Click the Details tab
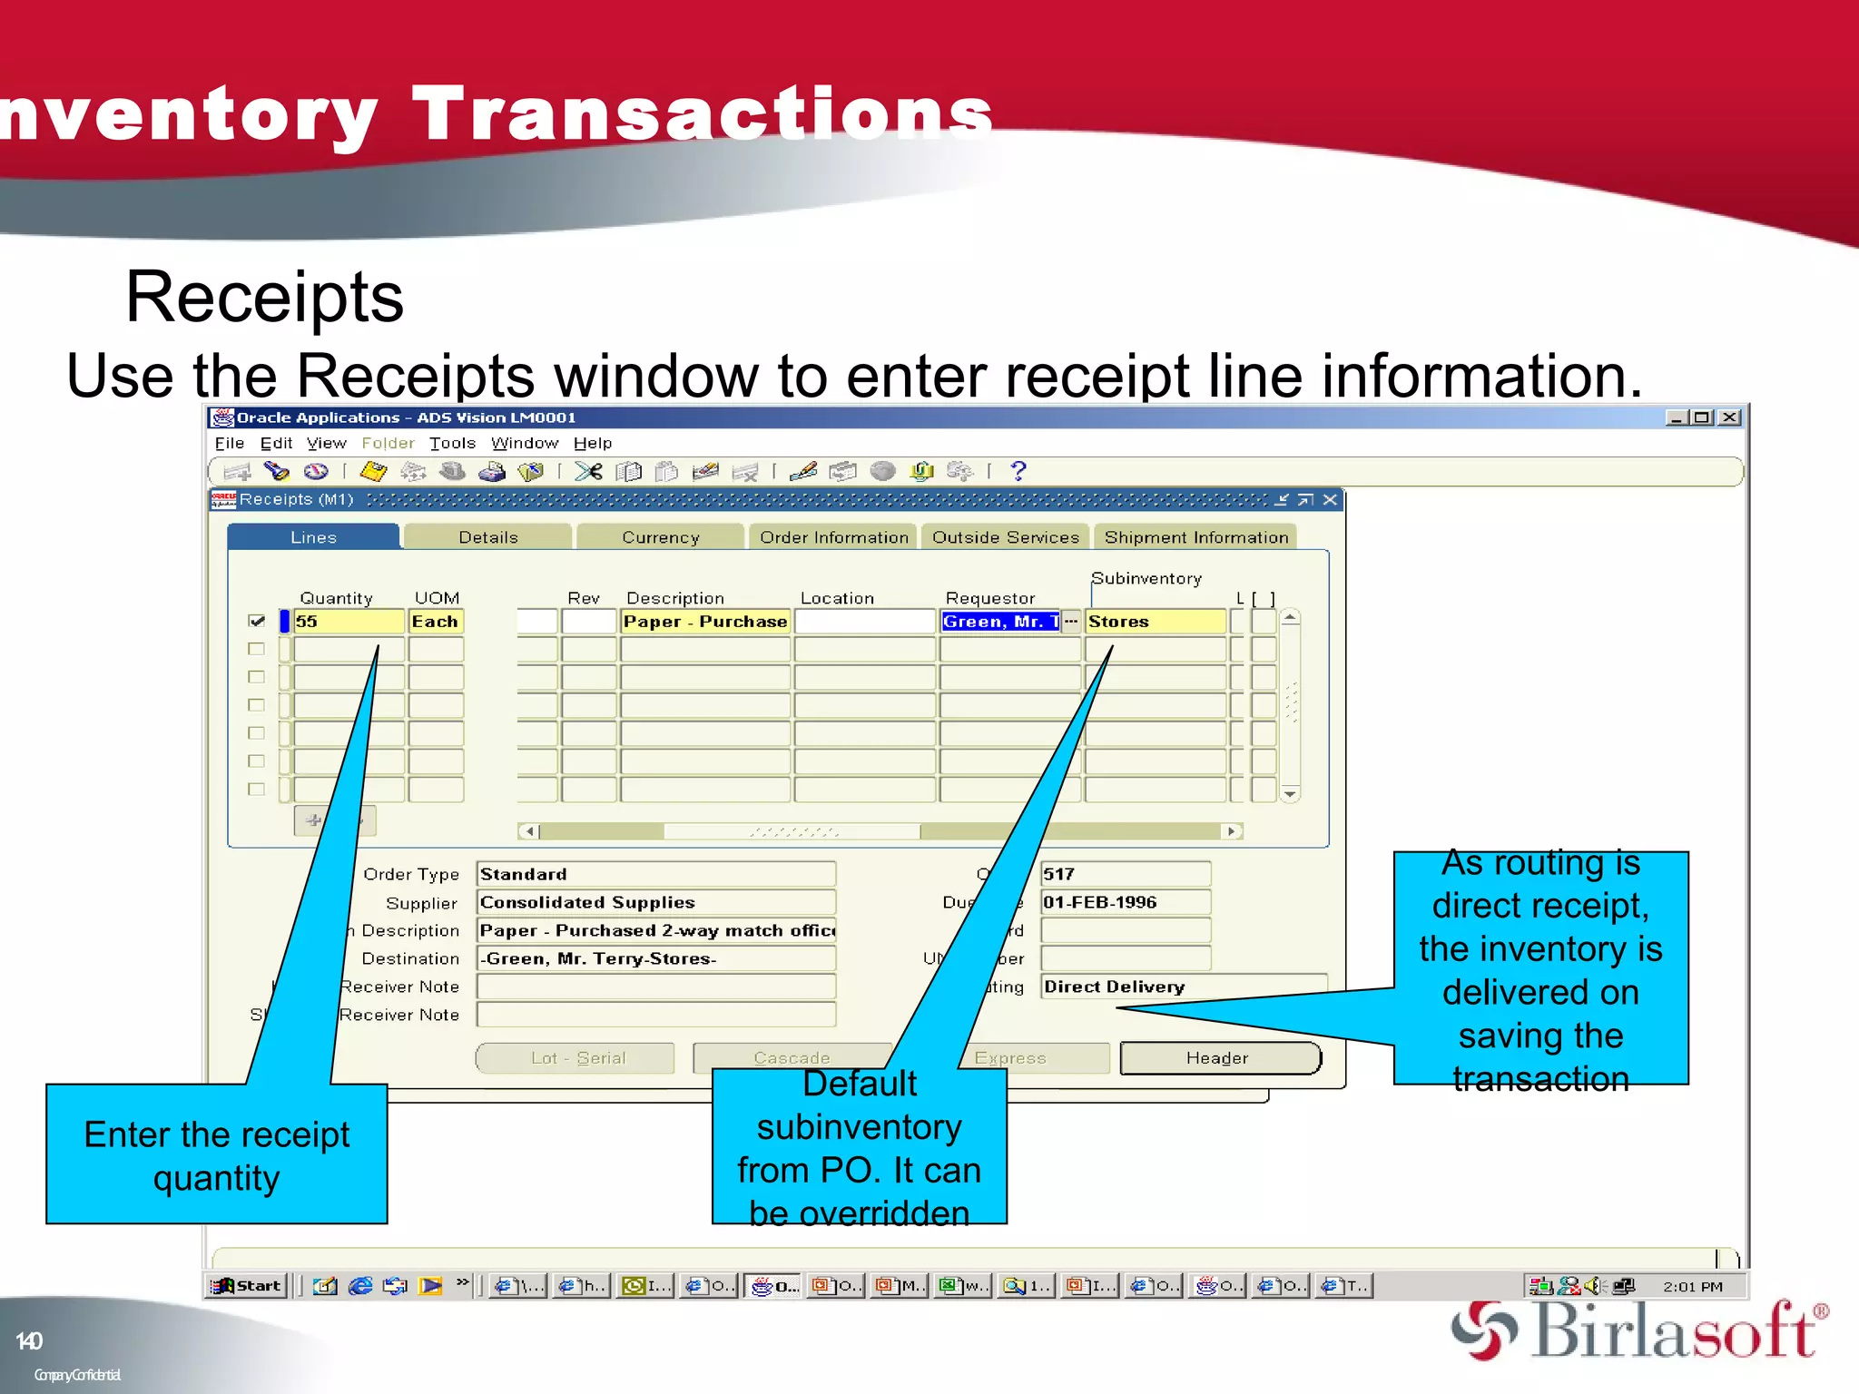click(488, 537)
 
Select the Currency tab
click(661, 537)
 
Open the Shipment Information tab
click(1195, 537)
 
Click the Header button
click(1218, 1058)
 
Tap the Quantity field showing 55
click(348, 622)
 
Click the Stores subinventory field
click(1155, 622)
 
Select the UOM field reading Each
click(436, 622)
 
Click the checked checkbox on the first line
click(257, 622)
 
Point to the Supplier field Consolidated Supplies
click(655, 902)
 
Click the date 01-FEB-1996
click(1124, 902)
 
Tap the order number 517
click(1124, 874)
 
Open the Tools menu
click(452, 443)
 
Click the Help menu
click(593, 443)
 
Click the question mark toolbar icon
click(1018, 471)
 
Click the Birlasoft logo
click(1638, 1330)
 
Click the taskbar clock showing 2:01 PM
click(1692, 1286)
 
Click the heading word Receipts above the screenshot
click(264, 298)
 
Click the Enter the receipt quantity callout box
click(216, 1155)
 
